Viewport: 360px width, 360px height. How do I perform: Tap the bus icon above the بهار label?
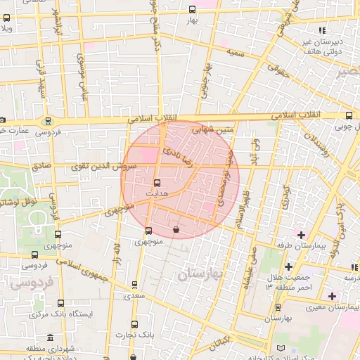193,9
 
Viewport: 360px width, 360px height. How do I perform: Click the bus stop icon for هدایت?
157,183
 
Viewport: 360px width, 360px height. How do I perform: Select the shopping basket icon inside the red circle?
175,229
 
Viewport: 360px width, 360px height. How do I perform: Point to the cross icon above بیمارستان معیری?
332,295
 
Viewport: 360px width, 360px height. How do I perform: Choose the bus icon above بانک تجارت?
134,324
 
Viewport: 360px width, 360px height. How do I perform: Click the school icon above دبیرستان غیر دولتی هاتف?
322,30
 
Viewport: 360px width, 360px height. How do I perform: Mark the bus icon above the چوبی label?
349,116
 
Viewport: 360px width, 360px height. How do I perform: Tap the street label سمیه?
235,53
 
